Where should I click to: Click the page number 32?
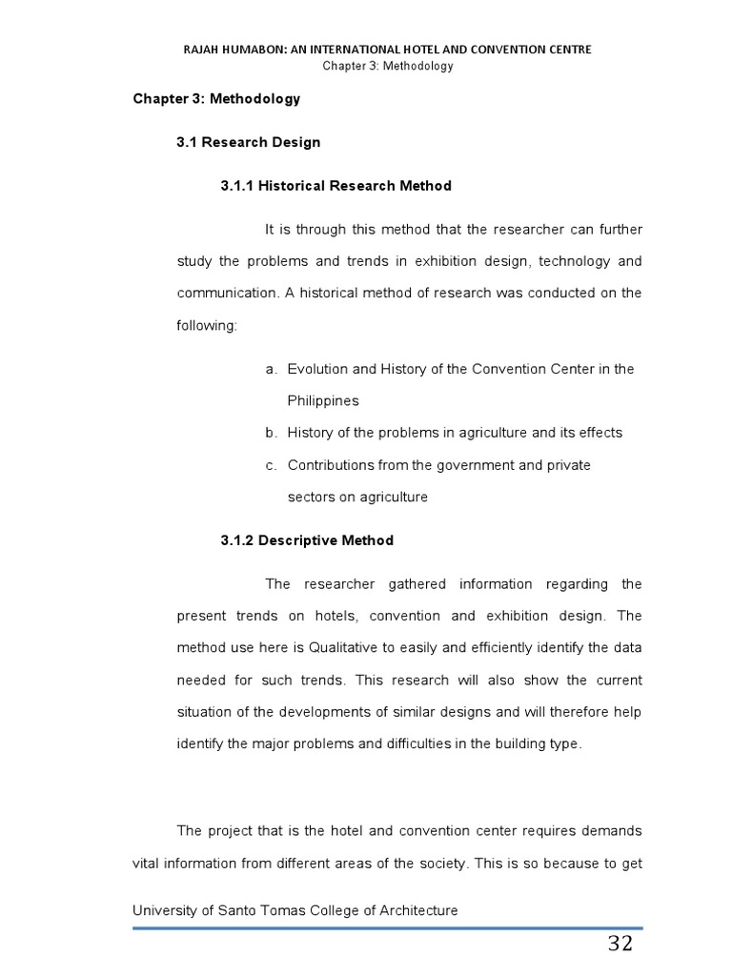point(620,945)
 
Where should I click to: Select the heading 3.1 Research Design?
point(248,142)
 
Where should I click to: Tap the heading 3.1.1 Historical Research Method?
point(335,186)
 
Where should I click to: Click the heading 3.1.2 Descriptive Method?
point(307,540)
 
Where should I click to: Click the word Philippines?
point(323,401)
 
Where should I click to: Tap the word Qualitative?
point(343,648)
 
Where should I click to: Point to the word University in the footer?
point(164,910)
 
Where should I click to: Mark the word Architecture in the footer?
point(417,910)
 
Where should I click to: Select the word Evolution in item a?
point(317,369)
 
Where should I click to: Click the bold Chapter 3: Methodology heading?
point(216,98)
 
